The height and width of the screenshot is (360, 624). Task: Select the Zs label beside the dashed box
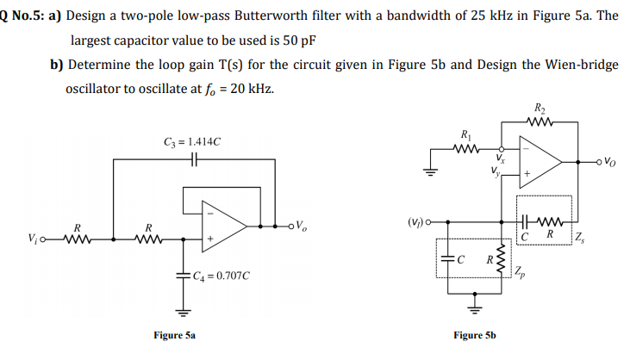pos(583,235)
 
